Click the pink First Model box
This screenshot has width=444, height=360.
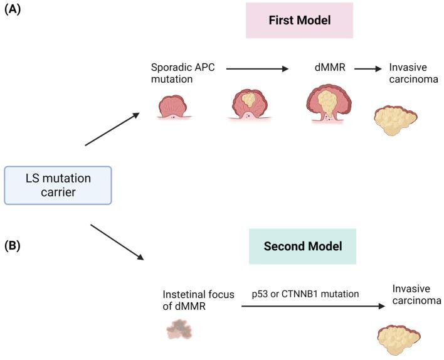299,20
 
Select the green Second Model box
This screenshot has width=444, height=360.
302,246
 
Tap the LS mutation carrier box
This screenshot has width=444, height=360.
58,185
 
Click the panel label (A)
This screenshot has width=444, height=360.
13,11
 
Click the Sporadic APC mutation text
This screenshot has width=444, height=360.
182,72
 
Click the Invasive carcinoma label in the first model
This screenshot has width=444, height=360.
412,72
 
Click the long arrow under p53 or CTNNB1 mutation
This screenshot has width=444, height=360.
312,307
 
